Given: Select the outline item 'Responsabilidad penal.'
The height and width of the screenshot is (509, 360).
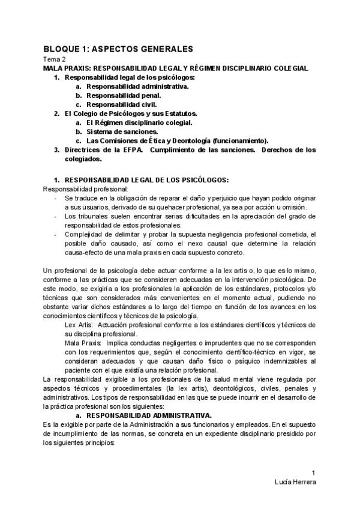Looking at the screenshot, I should [123, 95].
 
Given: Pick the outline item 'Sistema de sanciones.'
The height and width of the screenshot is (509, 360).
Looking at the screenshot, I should [122, 131].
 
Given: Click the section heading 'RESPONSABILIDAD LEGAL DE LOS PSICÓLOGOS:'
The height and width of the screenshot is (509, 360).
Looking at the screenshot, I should [146, 179].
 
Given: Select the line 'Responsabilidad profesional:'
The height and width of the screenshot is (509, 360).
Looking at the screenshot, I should [81, 188].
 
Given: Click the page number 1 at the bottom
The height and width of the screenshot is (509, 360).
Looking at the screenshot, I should [313, 472].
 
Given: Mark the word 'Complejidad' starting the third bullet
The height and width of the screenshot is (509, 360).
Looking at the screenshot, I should [85, 235].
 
